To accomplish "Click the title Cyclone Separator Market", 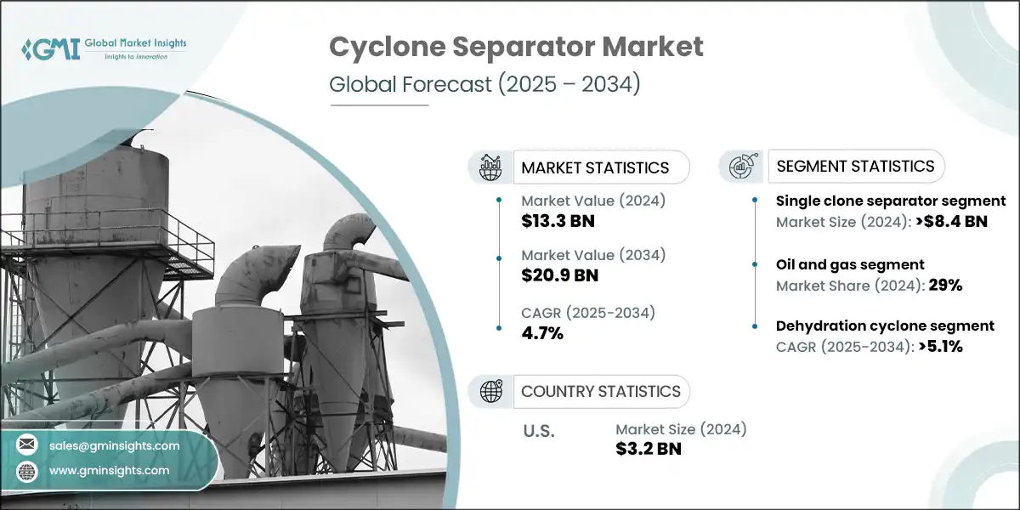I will pyautogui.click(x=516, y=47).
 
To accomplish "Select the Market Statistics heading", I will pyautogui.click(x=595, y=167).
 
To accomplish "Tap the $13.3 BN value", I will pyautogui.click(x=558, y=223).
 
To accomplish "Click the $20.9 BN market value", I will pyautogui.click(x=559, y=275).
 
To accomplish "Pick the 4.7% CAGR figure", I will pyautogui.click(x=542, y=333).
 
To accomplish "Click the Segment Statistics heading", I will pyautogui.click(x=855, y=166).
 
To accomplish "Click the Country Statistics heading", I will pyautogui.click(x=600, y=391).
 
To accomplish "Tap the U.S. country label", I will pyautogui.click(x=538, y=432).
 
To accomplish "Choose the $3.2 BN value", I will pyautogui.click(x=649, y=450).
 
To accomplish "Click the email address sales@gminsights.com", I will pyautogui.click(x=113, y=445).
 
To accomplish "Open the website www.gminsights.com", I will pyautogui.click(x=109, y=470).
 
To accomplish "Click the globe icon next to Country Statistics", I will pyautogui.click(x=490, y=391).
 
